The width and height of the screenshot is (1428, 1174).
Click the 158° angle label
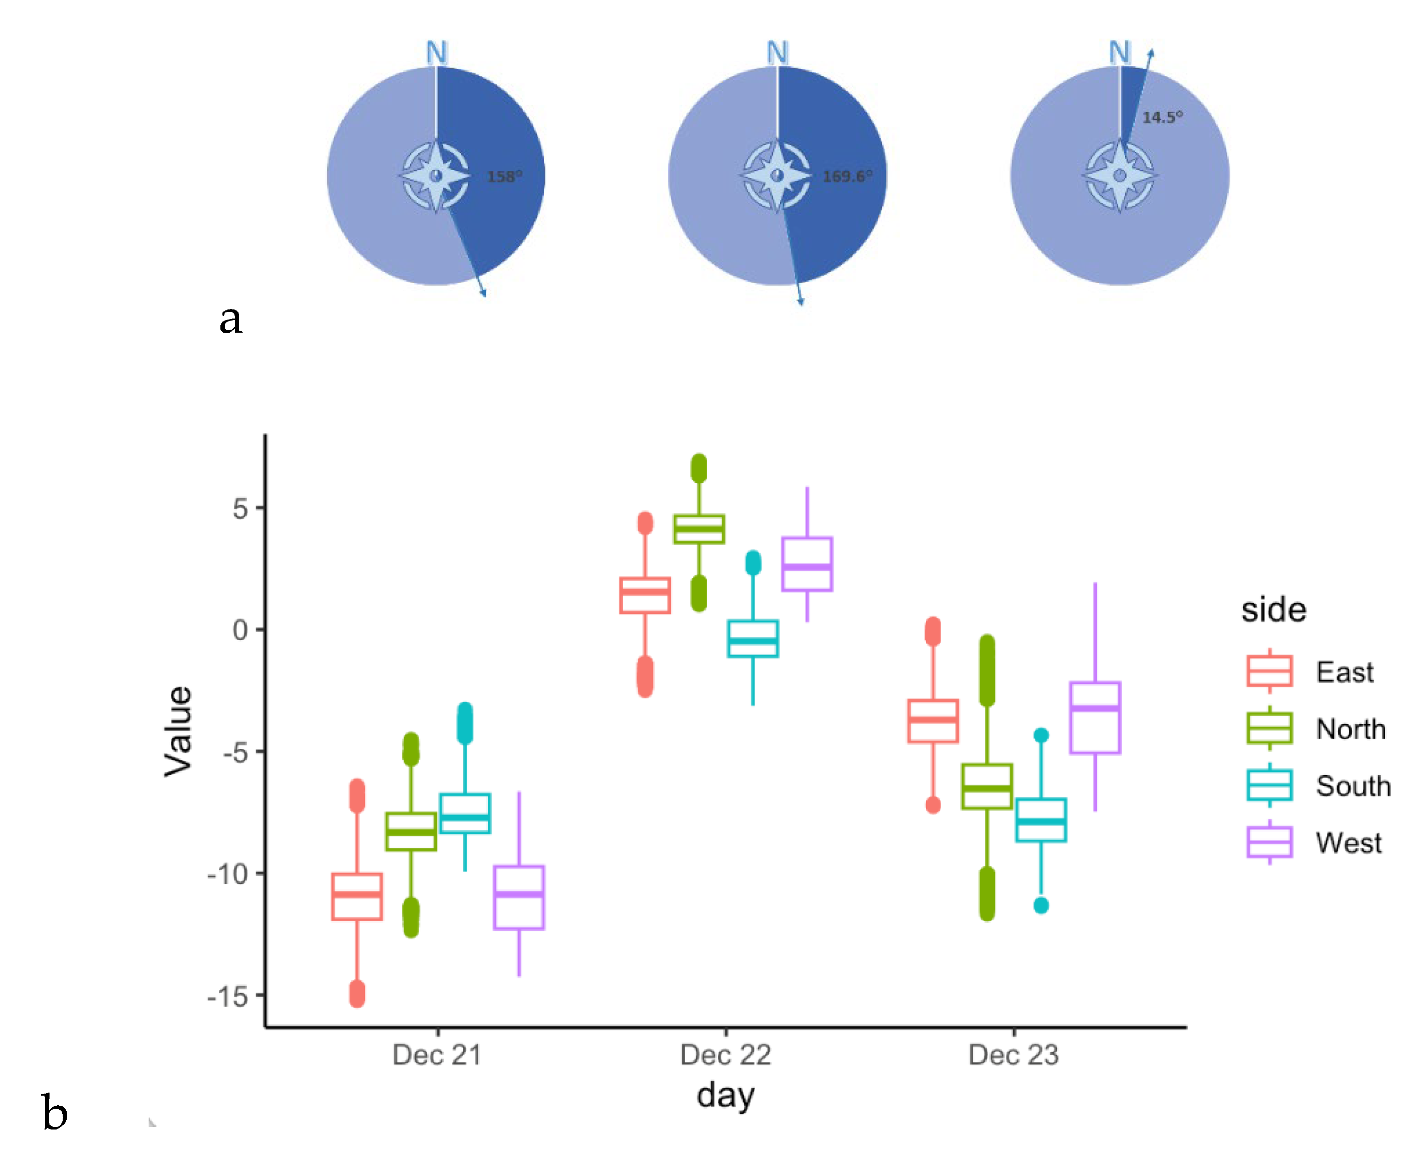click(504, 176)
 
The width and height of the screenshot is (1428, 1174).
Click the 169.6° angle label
click(847, 176)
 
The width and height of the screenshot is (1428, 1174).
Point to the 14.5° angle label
click(1162, 118)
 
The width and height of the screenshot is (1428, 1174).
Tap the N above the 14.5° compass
click(1120, 52)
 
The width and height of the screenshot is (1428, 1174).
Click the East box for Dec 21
click(357, 897)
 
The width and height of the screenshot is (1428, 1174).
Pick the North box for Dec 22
click(699, 529)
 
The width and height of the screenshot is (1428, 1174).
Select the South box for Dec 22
click(753, 639)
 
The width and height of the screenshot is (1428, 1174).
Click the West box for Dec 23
click(1095, 717)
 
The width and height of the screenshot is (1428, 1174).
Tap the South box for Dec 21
click(465, 813)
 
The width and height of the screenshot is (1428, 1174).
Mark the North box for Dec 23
click(987, 786)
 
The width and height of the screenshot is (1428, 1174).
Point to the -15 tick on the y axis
click(229, 996)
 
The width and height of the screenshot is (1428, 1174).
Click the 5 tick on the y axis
click(240, 509)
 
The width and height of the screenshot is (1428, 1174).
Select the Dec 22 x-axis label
click(725, 1055)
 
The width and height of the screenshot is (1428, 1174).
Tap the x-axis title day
click(725, 1096)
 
